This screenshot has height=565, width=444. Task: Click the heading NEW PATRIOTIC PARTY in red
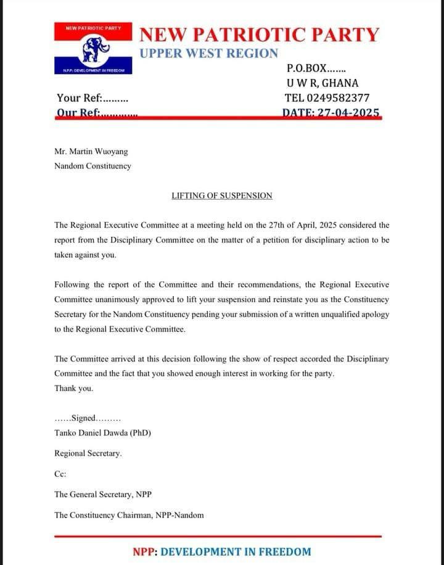tap(260, 34)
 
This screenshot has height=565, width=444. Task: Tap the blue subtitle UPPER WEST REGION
tap(208, 54)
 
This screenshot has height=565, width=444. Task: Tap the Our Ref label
tap(97, 113)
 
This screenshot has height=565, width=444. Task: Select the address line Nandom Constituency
tap(92, 166)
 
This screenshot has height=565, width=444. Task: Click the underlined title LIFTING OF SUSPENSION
tap(221, 196)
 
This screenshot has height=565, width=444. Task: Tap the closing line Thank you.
tap(73, 388)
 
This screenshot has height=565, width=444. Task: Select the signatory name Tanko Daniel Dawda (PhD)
tap(102, 433)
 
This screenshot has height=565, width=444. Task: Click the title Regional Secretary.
tap(88, 453)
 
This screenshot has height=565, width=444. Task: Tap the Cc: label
tap(60, 474)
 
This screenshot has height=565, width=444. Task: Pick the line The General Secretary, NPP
tap(103, 494)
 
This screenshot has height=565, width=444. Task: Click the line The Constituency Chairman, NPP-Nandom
tap(129, 514)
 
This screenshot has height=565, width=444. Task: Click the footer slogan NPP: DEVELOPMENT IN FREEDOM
tap(221, 551)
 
